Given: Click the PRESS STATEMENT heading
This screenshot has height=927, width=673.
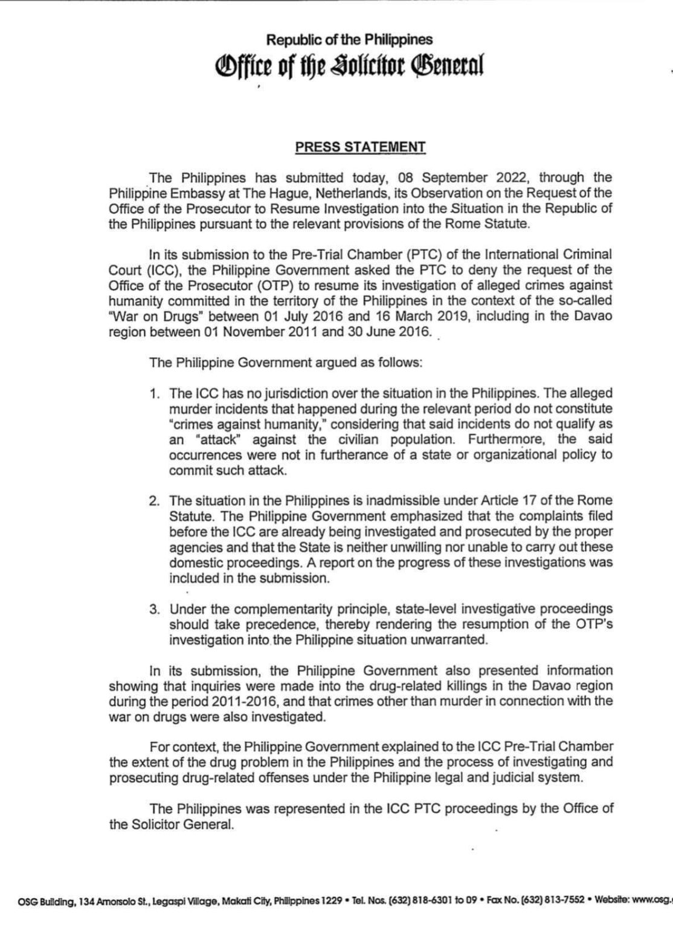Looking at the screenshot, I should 360,147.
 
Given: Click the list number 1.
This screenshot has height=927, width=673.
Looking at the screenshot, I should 154,393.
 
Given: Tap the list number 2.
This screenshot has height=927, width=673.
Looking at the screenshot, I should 154,500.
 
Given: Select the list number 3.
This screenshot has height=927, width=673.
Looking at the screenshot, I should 154,608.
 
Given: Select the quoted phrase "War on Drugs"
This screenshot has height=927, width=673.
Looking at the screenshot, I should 144,316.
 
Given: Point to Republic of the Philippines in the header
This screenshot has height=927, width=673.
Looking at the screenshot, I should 350,40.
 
